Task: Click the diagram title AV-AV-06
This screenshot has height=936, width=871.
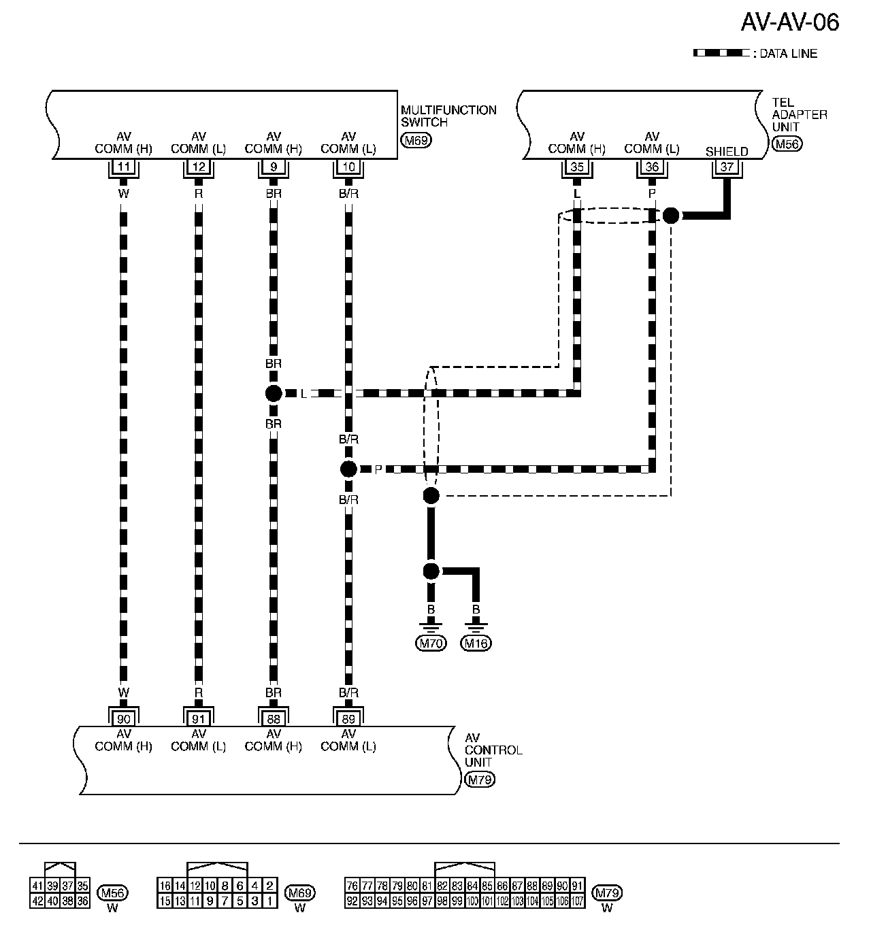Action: (x=789, y=22)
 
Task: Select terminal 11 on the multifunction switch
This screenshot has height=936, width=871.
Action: (x=124, y=167)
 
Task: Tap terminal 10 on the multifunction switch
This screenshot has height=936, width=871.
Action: (x=348, y=167)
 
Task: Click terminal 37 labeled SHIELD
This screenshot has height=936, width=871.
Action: (x=727, y=167)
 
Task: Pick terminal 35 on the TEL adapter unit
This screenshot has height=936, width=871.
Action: (x=577, y=167)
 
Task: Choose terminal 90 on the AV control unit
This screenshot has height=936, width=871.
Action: (x=124, y=718)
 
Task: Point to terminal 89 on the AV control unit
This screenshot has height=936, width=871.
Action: (x=348, y=718)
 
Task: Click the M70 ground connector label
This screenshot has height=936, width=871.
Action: (x=431, y=643)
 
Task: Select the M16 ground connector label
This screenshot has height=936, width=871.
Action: (x=476, y=643)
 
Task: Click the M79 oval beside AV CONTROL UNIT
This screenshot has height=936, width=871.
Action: (x=479, y=780)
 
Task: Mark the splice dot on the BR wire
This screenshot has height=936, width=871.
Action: (x=274, y=393)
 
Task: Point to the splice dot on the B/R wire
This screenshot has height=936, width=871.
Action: (x=348, y=469)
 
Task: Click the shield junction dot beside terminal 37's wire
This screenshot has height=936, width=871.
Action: (x=672, y=216)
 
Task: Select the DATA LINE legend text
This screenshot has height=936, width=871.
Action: (x=788, y=54)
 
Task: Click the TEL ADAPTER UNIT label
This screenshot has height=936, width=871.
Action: (x=799, y=114)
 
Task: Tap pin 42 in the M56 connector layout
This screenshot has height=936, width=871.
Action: (x=37, y=901)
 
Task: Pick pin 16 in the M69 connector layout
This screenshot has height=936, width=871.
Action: (x=164, y=886)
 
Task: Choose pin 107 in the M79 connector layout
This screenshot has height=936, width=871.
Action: (x=577, y=901)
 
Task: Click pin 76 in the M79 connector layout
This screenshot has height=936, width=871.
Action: (x=352, y=886)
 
